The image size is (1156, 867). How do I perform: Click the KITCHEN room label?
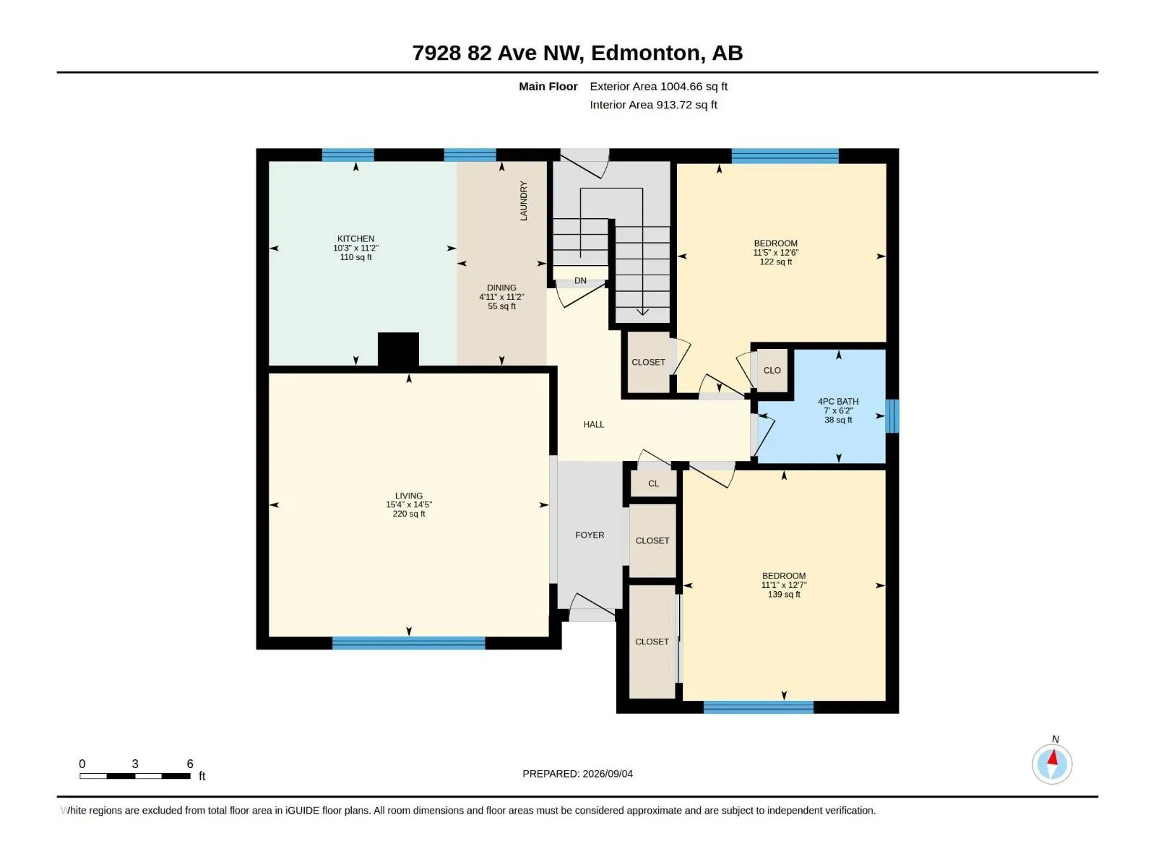tap(355, 238)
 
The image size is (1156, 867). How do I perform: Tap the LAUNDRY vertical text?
tap(524, 201)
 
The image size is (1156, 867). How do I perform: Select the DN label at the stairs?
tap(580, 280)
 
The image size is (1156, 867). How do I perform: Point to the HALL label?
tap(594, 424)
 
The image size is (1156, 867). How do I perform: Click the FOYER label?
tap(590, 535)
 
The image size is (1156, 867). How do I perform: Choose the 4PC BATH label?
tap(838, 401)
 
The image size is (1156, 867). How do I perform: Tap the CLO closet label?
tap(772, 370)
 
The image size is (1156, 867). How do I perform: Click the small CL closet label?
tap(653, 483)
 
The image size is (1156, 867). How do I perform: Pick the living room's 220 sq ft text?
tap(409, 514)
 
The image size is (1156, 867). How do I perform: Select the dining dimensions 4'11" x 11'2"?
tap(501, 297)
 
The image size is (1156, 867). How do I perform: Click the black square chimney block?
tap(398, 349)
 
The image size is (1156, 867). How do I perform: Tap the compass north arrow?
tap(1052, 758)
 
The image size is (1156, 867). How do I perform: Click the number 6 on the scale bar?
tap(190, 763)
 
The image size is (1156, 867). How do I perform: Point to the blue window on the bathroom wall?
tap(892, 416)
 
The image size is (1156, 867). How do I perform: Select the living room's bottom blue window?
tap(408, 643)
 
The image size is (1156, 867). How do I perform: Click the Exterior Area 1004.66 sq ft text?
tap(658, 86)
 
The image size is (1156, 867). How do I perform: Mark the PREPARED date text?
tap(577, 773)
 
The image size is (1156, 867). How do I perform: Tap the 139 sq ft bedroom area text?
tap(784, 595)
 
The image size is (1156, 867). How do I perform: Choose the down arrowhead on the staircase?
tap(642, 312)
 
